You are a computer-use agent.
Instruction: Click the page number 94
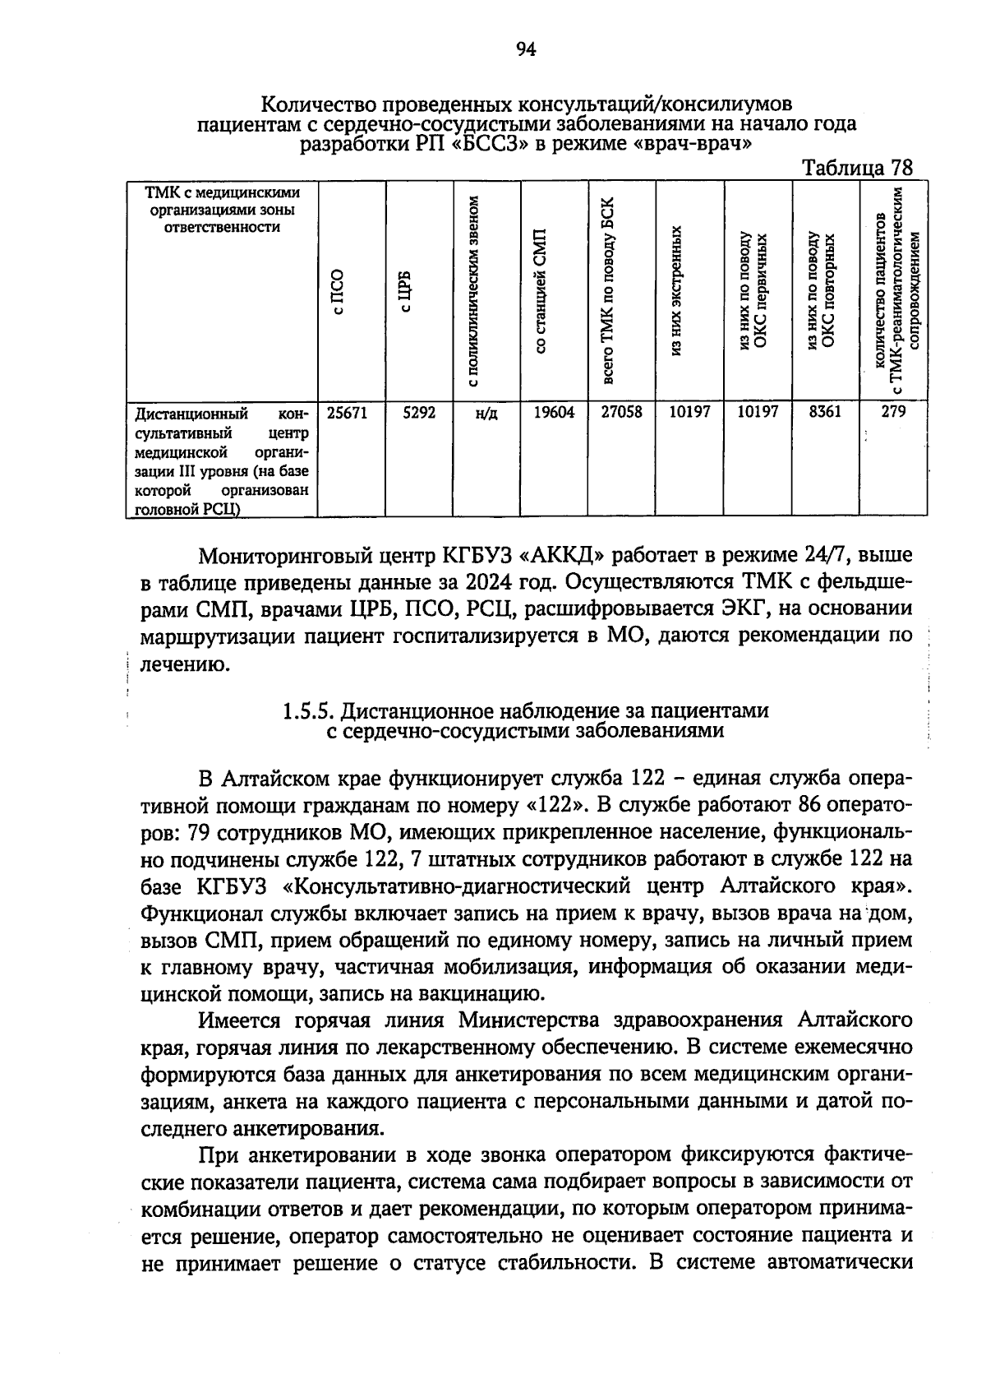click(x=526, y=50)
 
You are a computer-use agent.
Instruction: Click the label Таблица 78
click(x=857, y=168)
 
